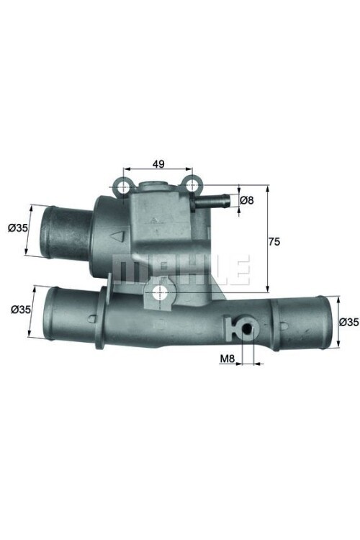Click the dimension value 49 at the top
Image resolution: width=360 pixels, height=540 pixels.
point(158,163)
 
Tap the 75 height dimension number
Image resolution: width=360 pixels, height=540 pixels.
point(274,242)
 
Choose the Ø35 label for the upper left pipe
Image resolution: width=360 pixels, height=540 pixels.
point(18,228)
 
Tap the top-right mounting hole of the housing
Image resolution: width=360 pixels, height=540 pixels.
point(192,187)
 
